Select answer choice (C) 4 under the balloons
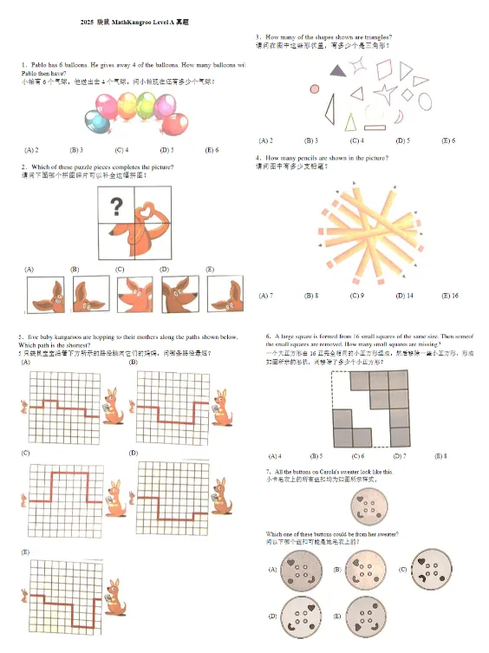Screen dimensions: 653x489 [121, 150]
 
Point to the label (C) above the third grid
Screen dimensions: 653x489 [26, 453]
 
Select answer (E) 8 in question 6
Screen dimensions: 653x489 [440, 455]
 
